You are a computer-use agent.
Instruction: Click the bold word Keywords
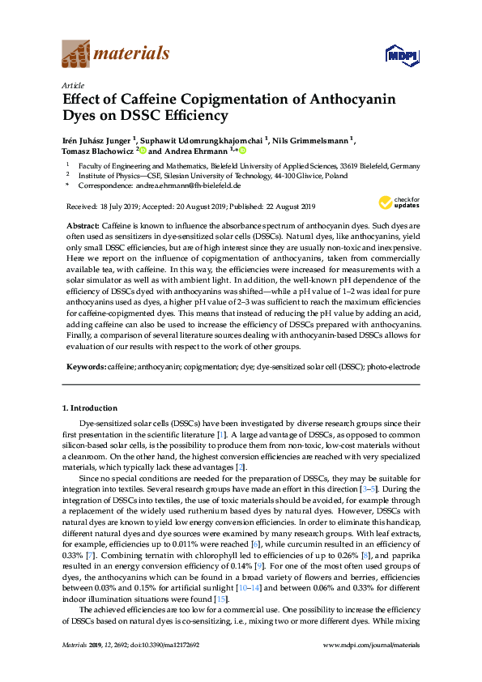(x=83, y=367)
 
